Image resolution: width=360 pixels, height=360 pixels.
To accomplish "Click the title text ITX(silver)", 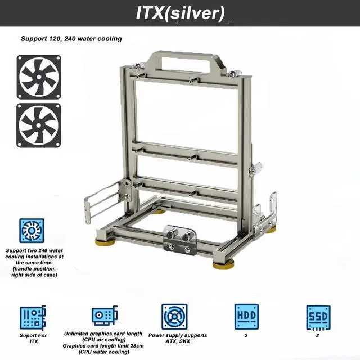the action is (180, 13).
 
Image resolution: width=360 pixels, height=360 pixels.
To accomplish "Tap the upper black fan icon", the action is (39, 77).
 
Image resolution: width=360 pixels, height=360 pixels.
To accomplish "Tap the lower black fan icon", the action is (39, 125).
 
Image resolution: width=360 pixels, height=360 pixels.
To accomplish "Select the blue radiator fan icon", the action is (31, 231).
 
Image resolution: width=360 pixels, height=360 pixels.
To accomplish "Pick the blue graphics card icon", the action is (105, 316).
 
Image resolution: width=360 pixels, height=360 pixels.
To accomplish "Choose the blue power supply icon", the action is (174, 317).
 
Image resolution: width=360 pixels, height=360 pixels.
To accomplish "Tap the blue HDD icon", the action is (246, 317).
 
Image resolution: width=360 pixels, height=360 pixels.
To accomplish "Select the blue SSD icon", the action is (318, 318).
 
